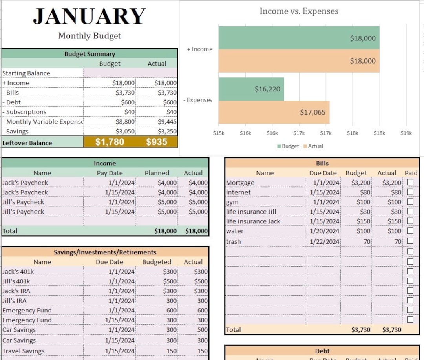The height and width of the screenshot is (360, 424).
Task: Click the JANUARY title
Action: tap(89, 16)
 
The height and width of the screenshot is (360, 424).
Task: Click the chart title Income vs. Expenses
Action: tap(299, 11)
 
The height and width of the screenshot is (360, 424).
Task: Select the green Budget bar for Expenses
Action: tap(251, 89)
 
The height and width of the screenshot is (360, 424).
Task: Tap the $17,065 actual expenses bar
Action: tap(274, 112)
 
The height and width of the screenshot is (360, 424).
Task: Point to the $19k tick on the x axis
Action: tap(406, 133)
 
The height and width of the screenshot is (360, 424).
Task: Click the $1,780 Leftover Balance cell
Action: tap(110, 142)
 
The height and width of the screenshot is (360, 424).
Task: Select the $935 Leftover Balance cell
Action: tap(157, 142)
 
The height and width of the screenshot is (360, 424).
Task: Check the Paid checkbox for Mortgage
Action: tap(410, 182)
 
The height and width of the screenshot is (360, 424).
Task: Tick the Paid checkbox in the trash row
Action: tap(410, 241)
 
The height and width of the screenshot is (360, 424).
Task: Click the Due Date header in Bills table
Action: tap(323, 173)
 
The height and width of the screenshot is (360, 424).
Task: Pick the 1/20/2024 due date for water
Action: tap(324, 231)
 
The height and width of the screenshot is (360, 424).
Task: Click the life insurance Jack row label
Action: tap(253, 221)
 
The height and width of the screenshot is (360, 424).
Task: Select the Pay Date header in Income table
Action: tap(110, 173)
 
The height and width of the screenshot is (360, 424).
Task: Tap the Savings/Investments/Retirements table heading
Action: tap(105, 252)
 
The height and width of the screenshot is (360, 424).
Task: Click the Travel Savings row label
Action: tap(24, 351)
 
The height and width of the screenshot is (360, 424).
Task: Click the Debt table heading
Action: tap(322, 351)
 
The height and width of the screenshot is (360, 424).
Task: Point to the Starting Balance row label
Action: tap(26, 73)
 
